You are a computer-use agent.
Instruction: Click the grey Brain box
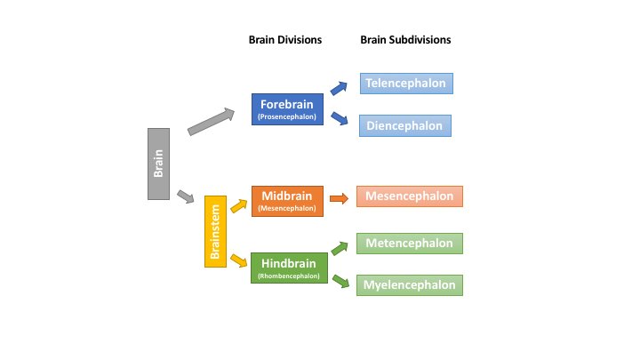click(158, 164)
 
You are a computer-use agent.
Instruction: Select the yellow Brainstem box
click(216, 231)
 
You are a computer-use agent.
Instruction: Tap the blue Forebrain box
click(286, 108)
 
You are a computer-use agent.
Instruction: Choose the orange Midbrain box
click(286, 201)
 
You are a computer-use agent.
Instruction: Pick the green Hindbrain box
click(286, 268)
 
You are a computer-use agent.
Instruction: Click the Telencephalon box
click(406, 84)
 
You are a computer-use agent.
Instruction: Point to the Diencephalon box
click(406, 125)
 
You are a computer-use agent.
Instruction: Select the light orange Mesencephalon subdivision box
click(410, 196)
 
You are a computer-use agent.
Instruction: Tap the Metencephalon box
click(410, 243)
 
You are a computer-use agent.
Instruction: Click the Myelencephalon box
click(410, 285)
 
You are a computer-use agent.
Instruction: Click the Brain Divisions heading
click(284, 40)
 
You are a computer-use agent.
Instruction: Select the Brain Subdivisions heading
click(405, 40)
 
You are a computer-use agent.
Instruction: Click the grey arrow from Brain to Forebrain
click(211, 122)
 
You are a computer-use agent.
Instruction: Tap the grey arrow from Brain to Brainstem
click(185, 196)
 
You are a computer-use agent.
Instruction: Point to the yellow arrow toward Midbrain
click(238, 205)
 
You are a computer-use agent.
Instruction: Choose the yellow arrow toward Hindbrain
click(238, 260)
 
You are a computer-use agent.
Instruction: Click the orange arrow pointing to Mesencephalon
click(339, 198)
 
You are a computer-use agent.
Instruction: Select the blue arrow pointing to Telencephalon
click(339, 87)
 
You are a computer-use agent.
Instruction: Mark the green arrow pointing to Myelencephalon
click(340, 280)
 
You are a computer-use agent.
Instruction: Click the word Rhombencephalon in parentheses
click(286, 276)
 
